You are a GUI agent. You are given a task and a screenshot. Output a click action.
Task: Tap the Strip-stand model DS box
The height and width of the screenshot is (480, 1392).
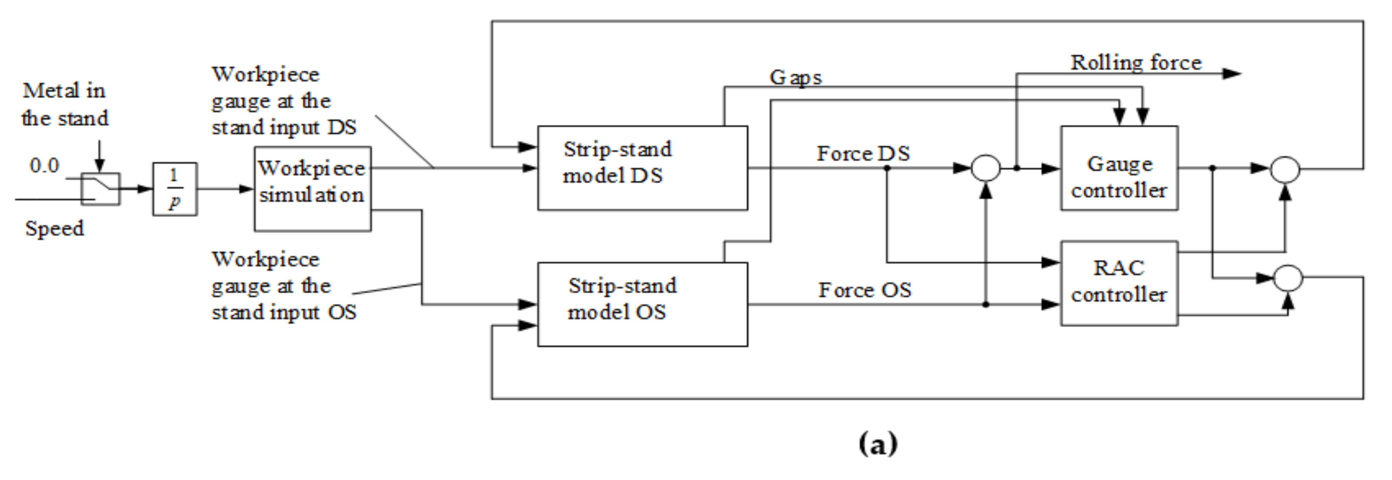[642, 168]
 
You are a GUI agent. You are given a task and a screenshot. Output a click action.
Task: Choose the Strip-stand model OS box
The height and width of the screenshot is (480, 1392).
[642, 304]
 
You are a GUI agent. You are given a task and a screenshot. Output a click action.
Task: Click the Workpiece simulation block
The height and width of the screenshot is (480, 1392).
[313, 188]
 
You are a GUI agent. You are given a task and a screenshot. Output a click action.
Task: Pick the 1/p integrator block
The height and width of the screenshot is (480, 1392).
[174, 188]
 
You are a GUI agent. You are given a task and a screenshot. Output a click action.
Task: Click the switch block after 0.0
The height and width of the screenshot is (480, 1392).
[100, 188]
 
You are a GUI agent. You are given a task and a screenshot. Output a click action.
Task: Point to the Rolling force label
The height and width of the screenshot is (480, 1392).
[1136, 63]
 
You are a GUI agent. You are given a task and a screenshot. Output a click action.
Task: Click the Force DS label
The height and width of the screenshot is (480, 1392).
[863, 153]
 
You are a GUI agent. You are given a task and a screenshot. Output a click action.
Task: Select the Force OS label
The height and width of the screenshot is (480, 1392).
[865, 290]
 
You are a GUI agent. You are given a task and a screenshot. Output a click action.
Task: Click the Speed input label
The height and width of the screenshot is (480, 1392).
[55, 228]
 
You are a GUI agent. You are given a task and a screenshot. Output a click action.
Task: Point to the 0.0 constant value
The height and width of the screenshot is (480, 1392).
[44, 165]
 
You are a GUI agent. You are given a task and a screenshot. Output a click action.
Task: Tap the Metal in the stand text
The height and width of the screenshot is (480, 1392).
[65, 104]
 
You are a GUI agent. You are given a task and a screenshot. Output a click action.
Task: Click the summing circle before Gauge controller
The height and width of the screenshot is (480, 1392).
[986, 168]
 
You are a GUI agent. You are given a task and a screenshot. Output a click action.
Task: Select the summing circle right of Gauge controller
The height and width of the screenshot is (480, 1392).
[1285, 169]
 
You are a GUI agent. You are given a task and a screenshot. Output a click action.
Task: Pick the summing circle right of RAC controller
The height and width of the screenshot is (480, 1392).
[1288, 278]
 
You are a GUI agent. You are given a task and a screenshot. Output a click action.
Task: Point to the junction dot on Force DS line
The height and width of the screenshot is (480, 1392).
[887, 168]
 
